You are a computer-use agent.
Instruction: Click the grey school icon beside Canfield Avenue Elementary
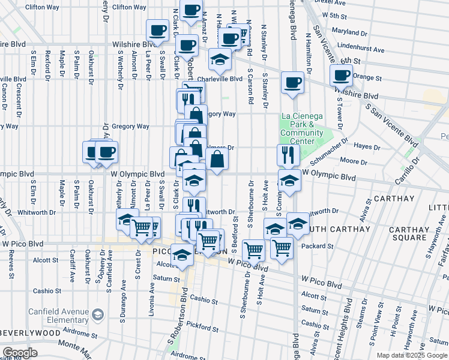coord(97,314)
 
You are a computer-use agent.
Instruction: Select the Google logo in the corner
coord(20,353)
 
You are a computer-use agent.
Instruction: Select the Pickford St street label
coord(202,327)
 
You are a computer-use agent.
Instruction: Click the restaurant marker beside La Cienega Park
coord(288,155)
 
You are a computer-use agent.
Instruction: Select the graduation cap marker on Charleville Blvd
coord(220,60)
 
